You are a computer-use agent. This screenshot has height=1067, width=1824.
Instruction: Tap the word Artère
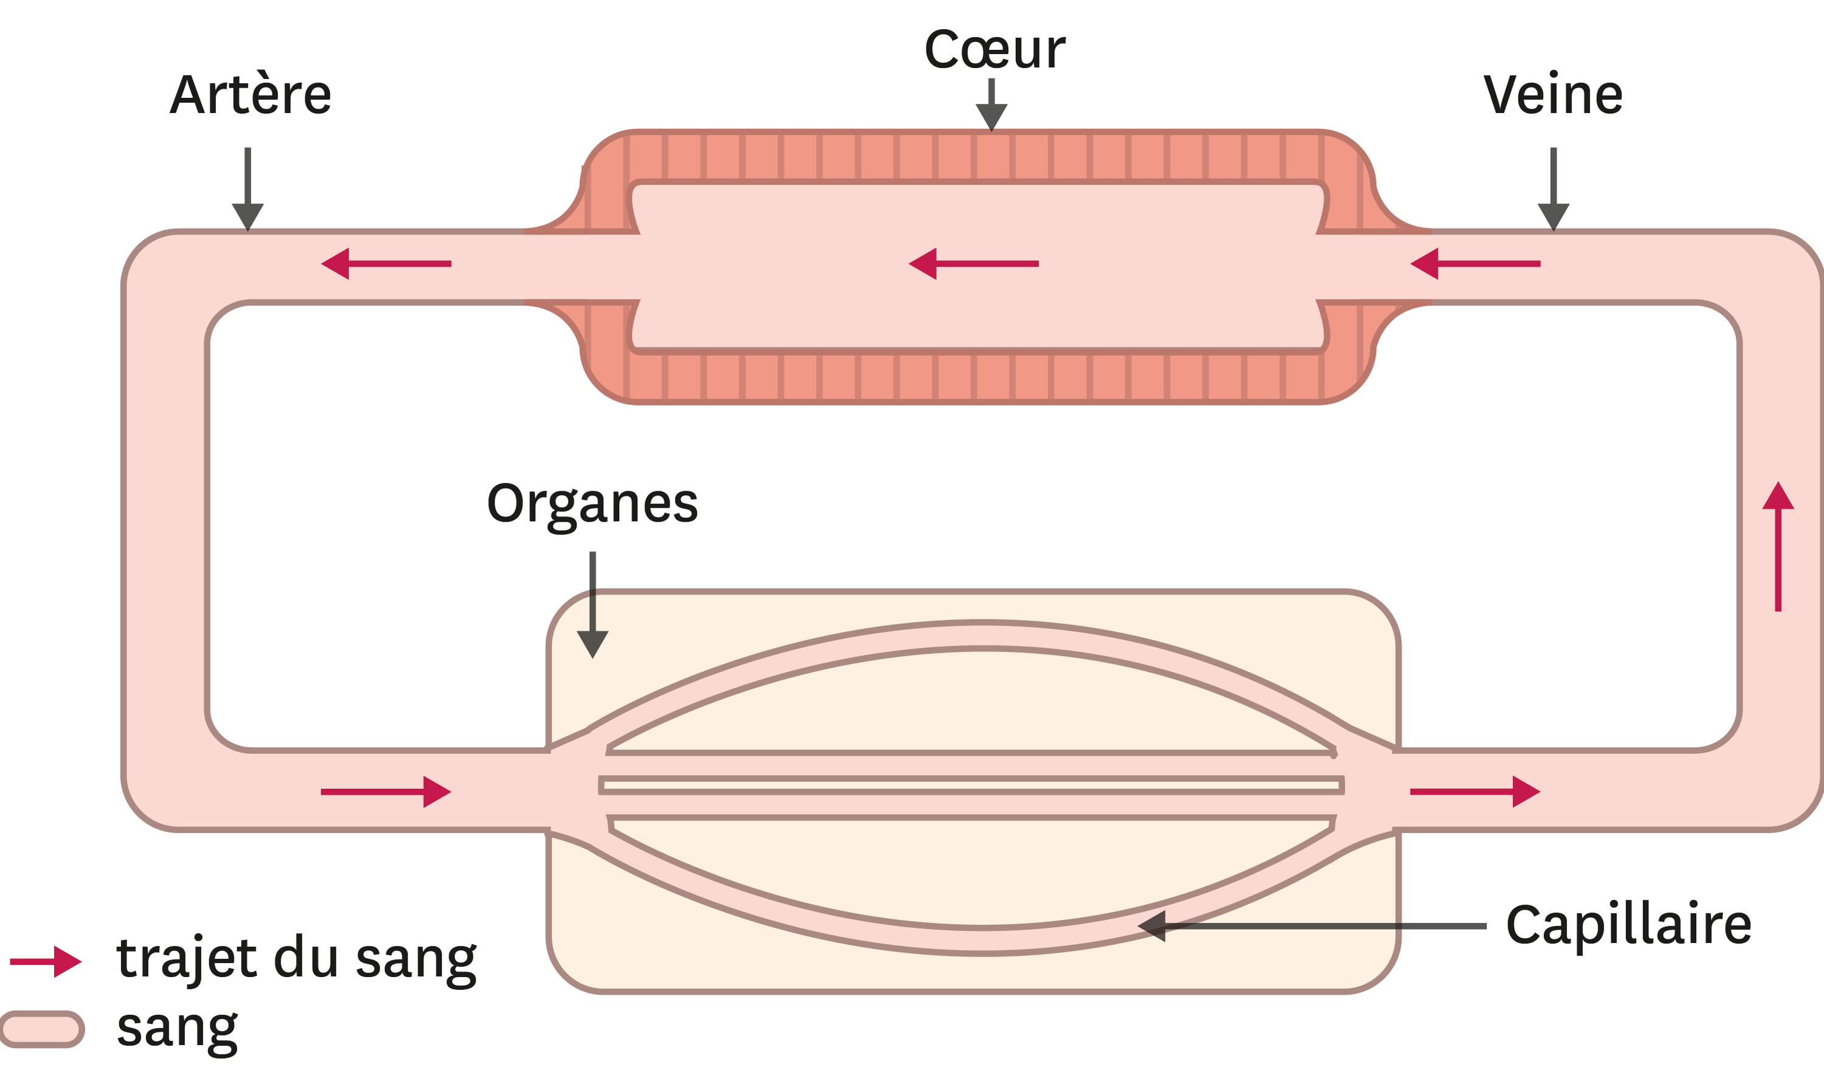point(251,95)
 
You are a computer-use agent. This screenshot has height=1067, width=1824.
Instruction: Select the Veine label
point(1553,95)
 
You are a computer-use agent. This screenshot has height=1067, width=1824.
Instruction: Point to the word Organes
point(592,503)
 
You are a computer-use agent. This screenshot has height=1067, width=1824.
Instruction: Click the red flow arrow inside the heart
point(974,264)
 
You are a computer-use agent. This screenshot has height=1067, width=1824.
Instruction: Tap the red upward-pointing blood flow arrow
point(1778,546)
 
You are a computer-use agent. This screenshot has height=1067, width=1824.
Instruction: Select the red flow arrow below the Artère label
point(386,264)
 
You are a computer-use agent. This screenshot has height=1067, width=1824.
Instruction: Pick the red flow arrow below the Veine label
point(1475,264)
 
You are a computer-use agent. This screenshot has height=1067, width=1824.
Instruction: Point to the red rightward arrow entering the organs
point(386,792)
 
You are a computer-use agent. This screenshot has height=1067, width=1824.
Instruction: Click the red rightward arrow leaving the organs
point(1475,792)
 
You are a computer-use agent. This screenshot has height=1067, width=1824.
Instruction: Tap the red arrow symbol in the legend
point(46,961)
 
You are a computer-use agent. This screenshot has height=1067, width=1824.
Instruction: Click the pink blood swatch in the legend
point(42,1029)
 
